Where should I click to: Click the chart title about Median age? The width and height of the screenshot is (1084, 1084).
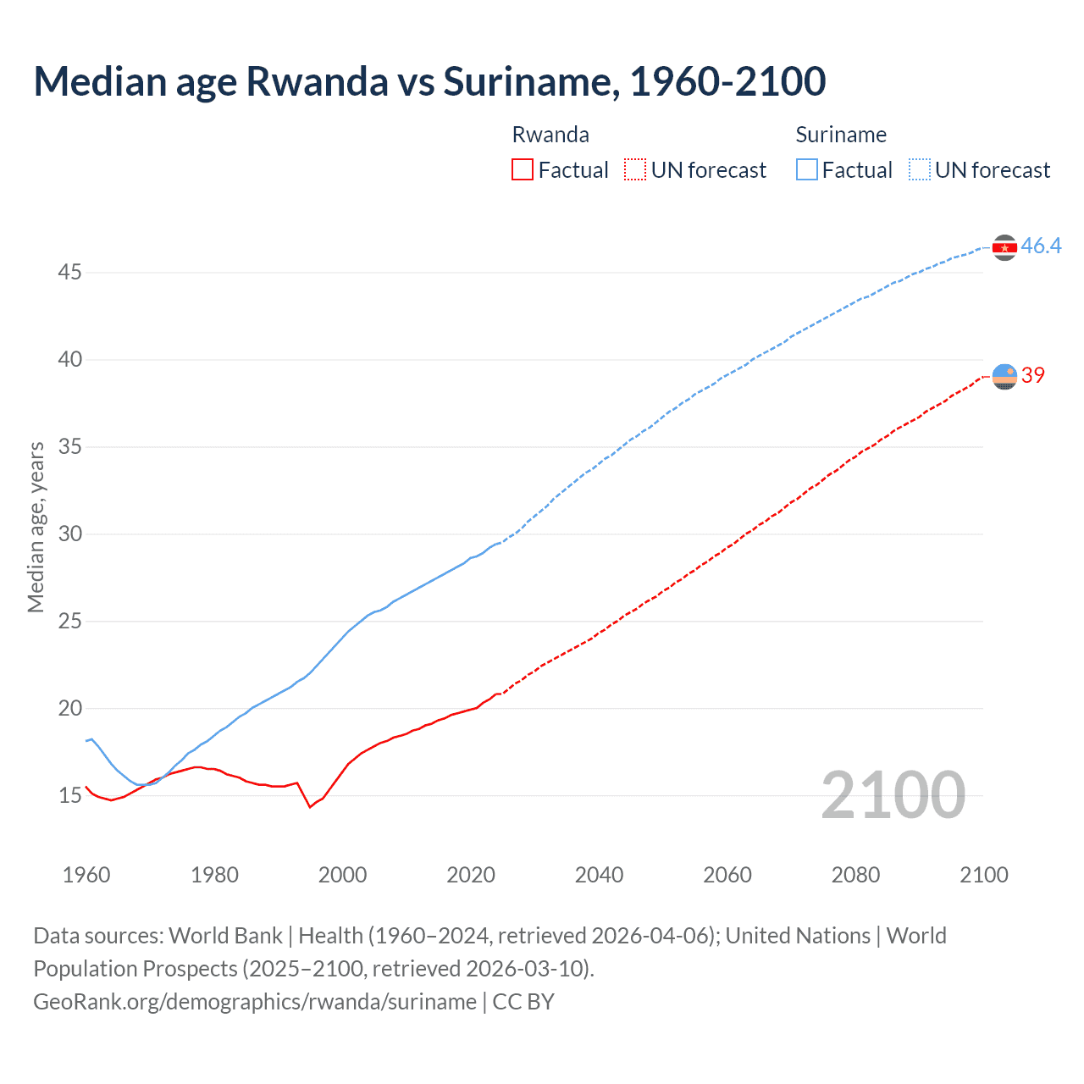429,81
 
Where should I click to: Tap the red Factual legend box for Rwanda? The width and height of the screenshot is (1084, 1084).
523,169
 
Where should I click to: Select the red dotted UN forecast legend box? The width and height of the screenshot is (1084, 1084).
635,169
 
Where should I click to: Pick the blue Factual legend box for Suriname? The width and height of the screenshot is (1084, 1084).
807,169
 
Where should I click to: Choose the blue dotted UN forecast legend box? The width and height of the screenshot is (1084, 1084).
920,169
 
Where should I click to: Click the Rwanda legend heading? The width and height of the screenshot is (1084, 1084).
550,135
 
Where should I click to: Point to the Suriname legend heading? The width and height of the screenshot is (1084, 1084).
841,135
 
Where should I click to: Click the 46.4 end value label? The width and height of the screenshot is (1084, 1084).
1041,246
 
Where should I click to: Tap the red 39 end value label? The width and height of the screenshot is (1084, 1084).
1032,375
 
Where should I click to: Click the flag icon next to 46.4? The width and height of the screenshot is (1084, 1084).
1004,247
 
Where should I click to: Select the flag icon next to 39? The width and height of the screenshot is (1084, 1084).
1004,376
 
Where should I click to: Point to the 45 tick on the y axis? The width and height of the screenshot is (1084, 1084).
70,273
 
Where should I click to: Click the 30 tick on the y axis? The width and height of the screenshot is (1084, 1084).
70,534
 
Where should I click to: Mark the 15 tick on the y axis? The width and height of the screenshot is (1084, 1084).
70,795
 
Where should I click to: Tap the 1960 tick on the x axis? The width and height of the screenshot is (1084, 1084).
86,875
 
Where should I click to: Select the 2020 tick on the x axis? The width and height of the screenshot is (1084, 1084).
471,875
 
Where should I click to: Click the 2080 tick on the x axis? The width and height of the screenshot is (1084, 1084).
855,875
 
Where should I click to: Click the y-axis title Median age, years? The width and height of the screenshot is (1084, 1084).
36,527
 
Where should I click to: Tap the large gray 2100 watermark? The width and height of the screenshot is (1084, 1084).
893,794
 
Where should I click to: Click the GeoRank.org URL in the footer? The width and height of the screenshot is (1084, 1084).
255,1002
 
